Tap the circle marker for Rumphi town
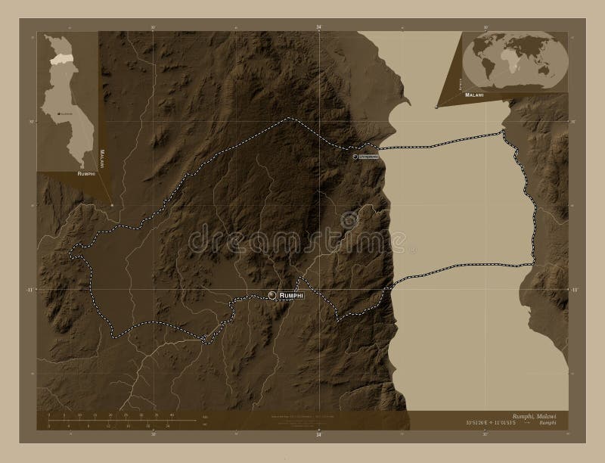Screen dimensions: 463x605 (273, 295)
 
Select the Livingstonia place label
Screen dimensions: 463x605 (370, 156)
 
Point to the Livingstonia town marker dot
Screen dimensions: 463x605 (354, 156)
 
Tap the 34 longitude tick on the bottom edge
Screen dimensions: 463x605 (318, 436)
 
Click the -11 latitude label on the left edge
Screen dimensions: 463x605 (31, 289)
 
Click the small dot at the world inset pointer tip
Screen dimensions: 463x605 (436, 107)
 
